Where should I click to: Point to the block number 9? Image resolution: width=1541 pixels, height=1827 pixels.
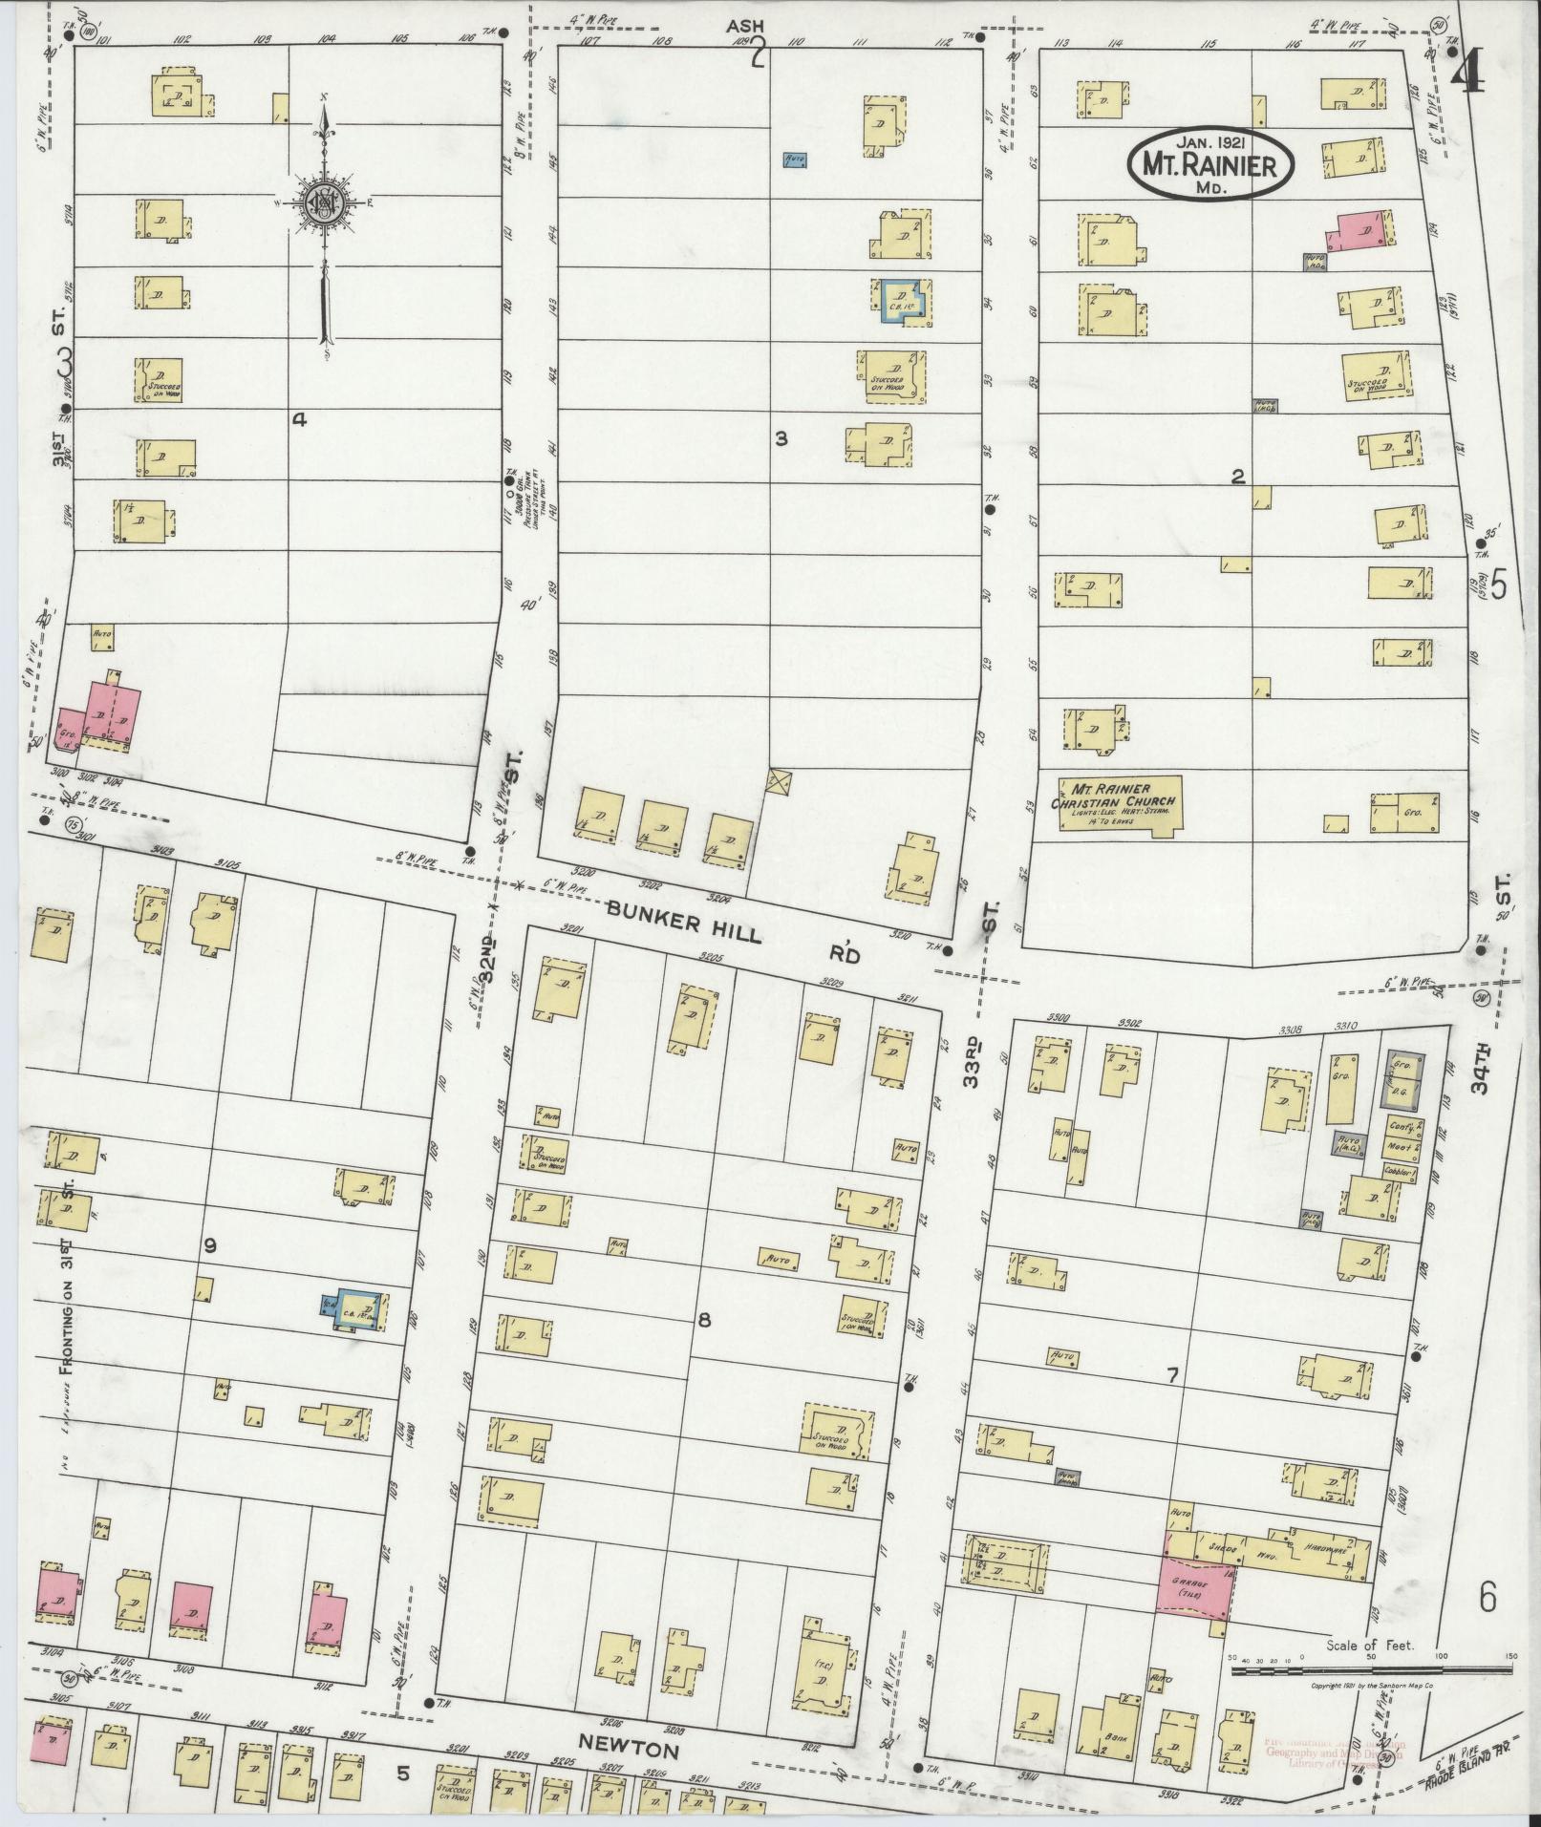point(210,1244)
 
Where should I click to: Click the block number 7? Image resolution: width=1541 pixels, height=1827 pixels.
point(1171,1376)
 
